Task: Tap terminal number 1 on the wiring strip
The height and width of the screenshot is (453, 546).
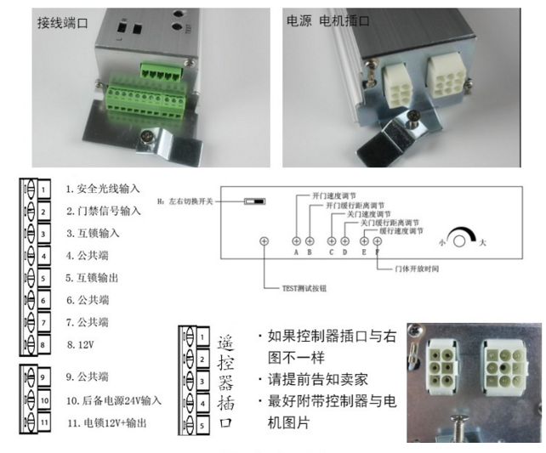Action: click(40, 189)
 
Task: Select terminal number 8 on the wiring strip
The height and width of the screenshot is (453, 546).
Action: click(40, 343)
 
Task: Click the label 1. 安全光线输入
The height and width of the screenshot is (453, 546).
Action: click(102, 189)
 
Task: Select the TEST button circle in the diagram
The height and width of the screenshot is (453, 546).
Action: click(264, 241)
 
